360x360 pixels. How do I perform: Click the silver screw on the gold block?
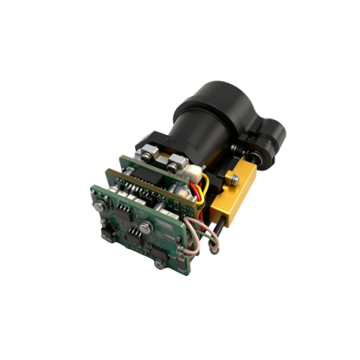(x=231, y=179)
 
